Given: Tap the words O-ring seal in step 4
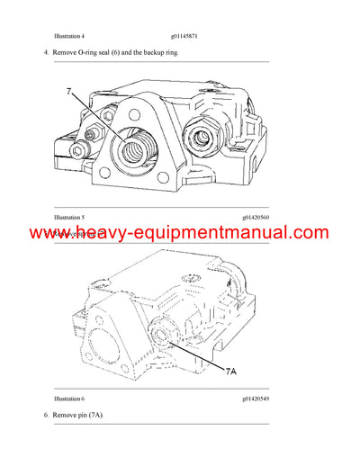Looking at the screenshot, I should tap(96, 53).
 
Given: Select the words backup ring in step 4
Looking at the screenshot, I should tap(157, 53).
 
